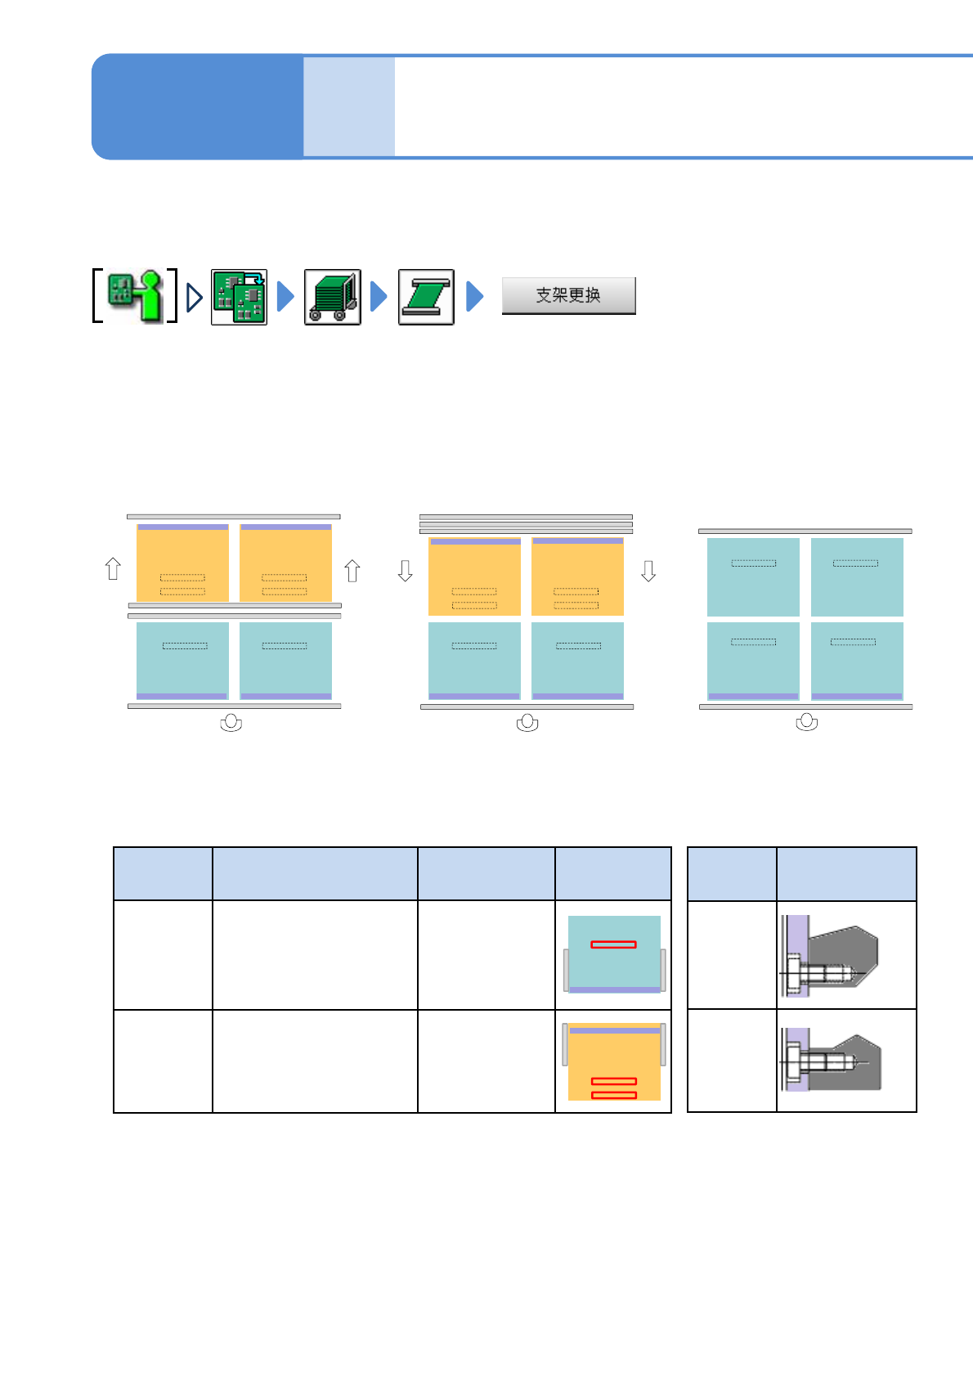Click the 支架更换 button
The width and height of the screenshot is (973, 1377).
568,295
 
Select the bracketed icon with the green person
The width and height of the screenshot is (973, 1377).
135,296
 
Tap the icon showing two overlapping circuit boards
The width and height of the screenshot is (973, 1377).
239,297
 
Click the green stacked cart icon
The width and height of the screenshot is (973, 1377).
333,297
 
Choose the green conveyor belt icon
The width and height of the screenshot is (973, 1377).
426,297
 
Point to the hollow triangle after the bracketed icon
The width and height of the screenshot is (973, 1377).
194,297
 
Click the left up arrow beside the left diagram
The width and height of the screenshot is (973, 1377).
114,568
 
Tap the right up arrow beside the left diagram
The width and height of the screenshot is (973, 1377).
352,570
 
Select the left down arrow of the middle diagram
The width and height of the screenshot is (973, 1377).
405,570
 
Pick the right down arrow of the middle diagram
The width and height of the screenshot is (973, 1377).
648,570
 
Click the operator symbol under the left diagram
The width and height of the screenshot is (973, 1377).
231,723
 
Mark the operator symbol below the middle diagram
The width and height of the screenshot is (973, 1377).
527,723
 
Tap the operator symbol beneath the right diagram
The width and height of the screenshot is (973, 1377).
807,723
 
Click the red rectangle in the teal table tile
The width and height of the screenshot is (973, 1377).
613,944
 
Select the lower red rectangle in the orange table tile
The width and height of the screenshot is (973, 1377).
613,1095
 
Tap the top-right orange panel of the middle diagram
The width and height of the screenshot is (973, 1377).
577,576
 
